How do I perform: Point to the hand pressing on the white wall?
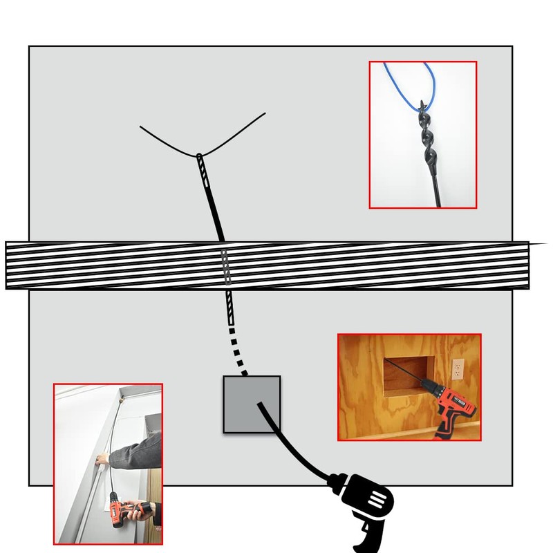point(102,459)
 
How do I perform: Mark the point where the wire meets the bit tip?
point(199,154)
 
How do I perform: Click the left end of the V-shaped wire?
point(141,127)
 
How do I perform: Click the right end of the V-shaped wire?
point(264,114)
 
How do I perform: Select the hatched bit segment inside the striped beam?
point(225,265)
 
